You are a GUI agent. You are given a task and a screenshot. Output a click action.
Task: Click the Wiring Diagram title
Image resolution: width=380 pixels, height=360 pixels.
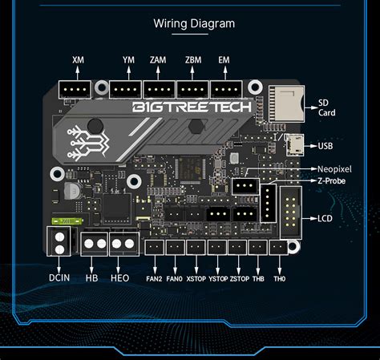click(x=194, y=23)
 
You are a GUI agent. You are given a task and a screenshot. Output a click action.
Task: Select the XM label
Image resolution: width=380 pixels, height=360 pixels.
click(x=78, y=60)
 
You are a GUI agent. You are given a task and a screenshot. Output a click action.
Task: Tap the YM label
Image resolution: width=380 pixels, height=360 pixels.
click(x=128, y=60)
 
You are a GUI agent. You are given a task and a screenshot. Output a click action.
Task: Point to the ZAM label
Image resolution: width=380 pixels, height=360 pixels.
click(x=159, y=60)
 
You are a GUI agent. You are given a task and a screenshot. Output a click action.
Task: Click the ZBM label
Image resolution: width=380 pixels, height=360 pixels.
click(x=192, y=60)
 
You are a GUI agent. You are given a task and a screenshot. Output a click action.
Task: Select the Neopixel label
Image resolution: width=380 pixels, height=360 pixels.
click(x=334, y=170)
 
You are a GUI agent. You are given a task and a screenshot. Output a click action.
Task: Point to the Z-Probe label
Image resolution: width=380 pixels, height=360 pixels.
click(x=333, y=181)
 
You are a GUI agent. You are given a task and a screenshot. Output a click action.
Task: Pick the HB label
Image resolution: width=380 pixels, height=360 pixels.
click(x=93, y=277)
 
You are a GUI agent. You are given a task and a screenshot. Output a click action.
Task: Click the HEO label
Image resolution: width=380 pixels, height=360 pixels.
click(x=120, y=277)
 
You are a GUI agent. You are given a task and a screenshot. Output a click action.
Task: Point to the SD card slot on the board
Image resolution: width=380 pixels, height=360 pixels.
click(x=283, y=102)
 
